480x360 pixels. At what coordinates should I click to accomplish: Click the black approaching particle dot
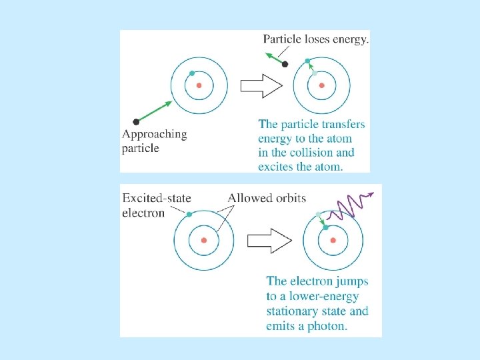pyautogui.click(x=136, y=121)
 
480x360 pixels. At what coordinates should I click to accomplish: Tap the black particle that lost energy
pyautogui.click(x=285, y=64)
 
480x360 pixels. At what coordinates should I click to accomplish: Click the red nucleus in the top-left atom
pyautogui.click(x=199, y=85)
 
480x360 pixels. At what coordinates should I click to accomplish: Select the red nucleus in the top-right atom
pyautogui.click(x=322, y=85)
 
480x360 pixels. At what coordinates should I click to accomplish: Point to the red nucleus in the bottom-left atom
pyautogui.click(x=204, y=240)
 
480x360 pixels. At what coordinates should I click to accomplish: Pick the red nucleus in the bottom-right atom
pyautogui.click(x=333, y=240)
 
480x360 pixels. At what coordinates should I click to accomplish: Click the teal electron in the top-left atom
pyautogui.click(x=192, y=73)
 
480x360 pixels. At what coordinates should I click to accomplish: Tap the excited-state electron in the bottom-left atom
pyautogui.click(x=189, y=214)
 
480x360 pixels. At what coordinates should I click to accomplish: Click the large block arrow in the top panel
pyautogui.click(x=261, y=85)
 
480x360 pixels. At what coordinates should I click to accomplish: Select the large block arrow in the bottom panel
pyautogui.click(x=269, y=240)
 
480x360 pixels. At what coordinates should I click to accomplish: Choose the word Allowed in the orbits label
pyautogui.click(x=248, y=198)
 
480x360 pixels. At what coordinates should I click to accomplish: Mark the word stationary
pyautogui.click(x=293, y=312)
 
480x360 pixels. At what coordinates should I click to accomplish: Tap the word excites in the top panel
pyautogui.click(x=276, y=167)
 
